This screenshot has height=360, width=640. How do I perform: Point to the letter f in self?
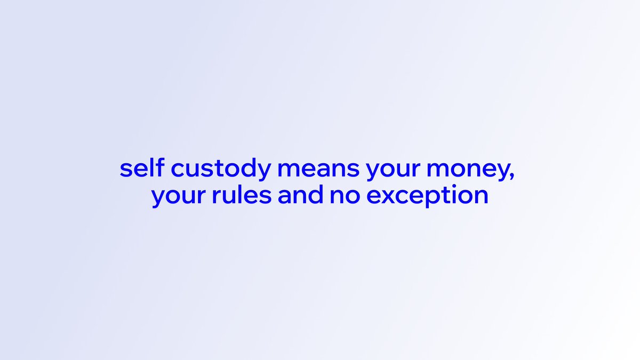[155, 168]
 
